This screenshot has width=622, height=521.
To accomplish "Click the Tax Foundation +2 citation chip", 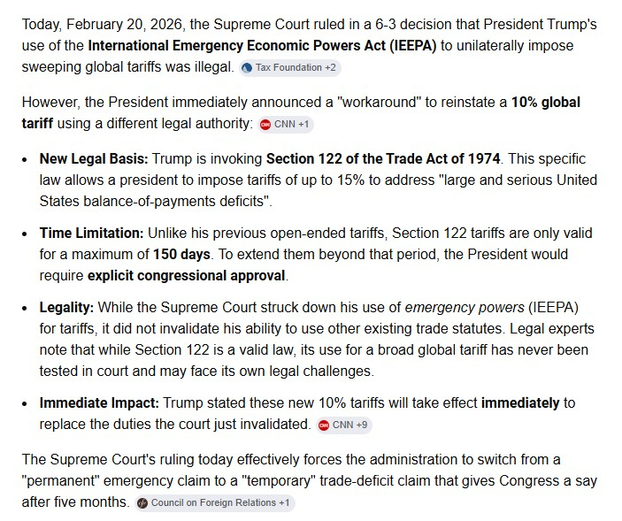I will click(289, 67).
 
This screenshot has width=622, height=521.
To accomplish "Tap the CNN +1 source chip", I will click(285, 124).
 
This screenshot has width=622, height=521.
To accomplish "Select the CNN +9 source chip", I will click(344, 425).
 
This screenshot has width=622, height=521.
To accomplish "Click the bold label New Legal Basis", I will click(94, 159).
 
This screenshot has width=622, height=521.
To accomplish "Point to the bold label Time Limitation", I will click(91, 234).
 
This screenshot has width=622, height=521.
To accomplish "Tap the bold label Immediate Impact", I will click(99, 403).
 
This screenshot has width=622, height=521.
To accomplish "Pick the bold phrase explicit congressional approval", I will click(186, 275).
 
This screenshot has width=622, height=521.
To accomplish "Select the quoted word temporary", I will click(278, 481).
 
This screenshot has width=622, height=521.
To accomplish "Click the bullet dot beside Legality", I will click(26, 309).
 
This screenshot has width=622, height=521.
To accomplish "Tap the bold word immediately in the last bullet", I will click(519, 403).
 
